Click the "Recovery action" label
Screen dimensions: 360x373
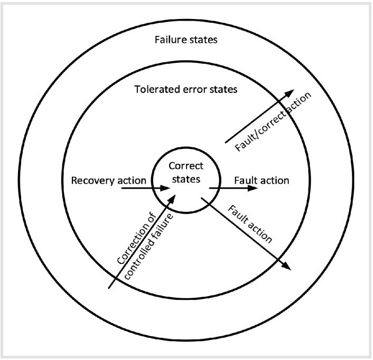tap(108, 181)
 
